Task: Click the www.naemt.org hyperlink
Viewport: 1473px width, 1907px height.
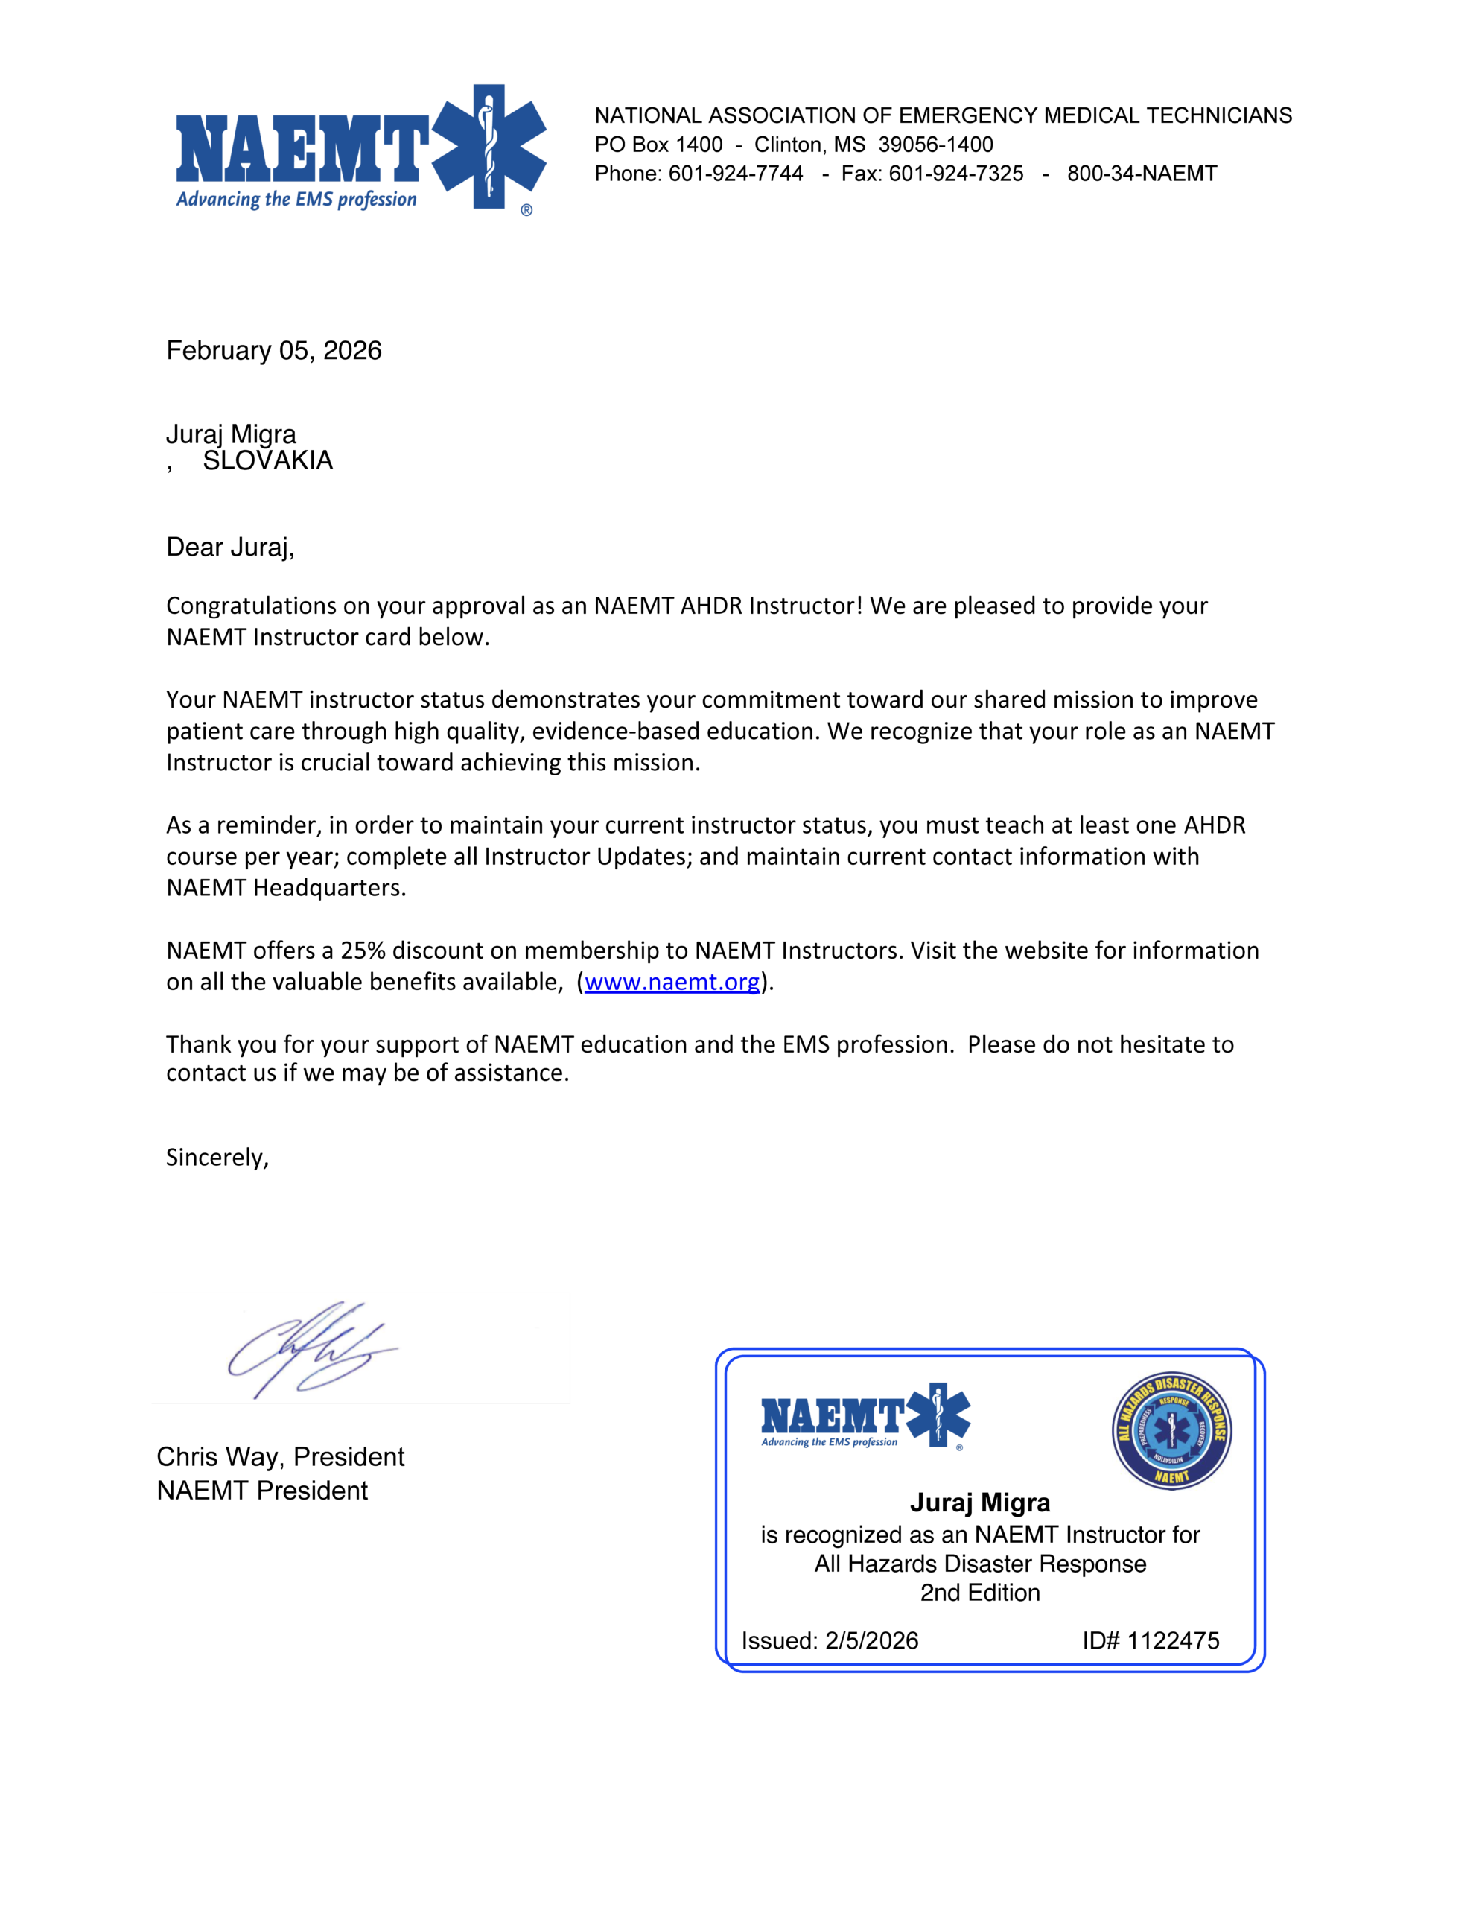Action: (x=672, y=982)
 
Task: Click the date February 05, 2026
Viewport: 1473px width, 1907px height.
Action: (x=274, y=350)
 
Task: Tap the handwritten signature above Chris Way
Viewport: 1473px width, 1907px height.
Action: (x=310, y=1349)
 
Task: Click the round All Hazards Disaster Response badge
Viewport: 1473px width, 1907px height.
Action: (x=1171, y=1430)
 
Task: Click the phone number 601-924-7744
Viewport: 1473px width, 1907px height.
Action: (x=735, y=173)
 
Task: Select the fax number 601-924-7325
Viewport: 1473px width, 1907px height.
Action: (x=955, y=173)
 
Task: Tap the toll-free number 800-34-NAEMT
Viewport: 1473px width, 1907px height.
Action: (x=1141, y=173)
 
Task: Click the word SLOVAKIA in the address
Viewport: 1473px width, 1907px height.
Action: (x=267, y=461)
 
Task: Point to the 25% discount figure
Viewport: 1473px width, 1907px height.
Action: (x=363, y=950)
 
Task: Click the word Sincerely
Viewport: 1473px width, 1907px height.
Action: (x=217, y=1157)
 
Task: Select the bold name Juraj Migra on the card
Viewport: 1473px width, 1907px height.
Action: (x=980, y=1503)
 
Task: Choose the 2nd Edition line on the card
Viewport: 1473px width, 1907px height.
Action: (x=980, y=1593)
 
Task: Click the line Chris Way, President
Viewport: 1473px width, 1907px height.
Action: (x=280, y=1456)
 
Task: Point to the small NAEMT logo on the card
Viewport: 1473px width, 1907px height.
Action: (x=865, y=1416)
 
